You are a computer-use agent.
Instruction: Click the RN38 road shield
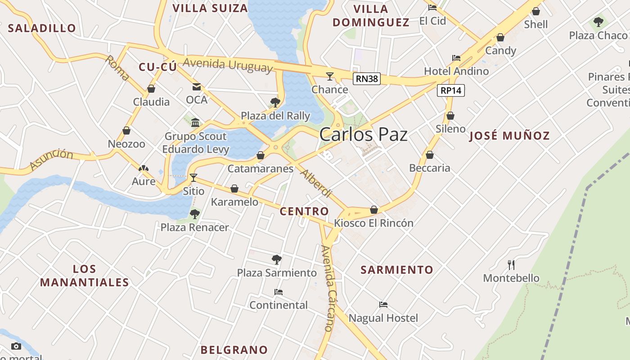(x=367, y=79)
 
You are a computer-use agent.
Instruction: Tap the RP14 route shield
(x=451, y=90)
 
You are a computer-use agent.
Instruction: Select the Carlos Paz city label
(x=364, y=135)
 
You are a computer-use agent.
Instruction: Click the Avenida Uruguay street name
(x=228, y=64)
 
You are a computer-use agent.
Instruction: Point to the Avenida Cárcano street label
(x=330, y=288)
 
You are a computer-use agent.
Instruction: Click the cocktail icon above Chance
(x=330, y=76)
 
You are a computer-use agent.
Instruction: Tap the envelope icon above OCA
(x=197, y=87)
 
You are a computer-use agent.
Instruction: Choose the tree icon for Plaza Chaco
(x=598, y=22)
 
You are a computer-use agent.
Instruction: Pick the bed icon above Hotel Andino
(x=456, y=58)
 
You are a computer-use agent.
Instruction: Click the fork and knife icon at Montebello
(x=511, y=265)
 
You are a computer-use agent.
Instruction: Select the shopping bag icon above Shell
(x=536, y=11)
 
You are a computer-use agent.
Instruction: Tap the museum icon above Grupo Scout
(x=195, y=122)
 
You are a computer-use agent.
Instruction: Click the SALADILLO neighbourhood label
(x=42, y=28)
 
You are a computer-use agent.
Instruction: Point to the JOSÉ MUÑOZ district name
(x=509, y=135)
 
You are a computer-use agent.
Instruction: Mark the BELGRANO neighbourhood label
(x=234, y=350)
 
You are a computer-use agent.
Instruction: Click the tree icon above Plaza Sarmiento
(x=277, y=259)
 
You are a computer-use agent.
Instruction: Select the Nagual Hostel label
(x=383, y=318)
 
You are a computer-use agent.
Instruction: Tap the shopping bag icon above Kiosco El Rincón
(x=373, y=210)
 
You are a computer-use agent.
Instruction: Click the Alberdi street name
(x=316, y=184)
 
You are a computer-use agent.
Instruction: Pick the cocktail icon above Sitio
(x=193, y=178)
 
